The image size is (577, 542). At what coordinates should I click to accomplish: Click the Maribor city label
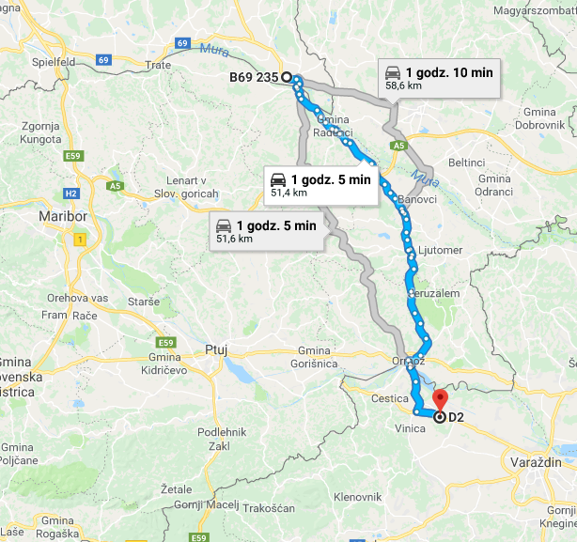click(63, 217)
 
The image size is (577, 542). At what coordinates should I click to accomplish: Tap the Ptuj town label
click(216, 350)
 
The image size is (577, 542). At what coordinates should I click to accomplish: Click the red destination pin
click(439, 398)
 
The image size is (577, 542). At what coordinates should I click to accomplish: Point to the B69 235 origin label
click(254, 78)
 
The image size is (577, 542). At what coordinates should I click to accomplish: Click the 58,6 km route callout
click(438, 77)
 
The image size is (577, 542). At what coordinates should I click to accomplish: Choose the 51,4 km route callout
click(322, 184)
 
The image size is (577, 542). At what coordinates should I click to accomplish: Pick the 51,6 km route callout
click(268, 230)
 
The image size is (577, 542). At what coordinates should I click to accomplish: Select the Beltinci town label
click(491, 163)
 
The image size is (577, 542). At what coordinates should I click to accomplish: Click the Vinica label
click(410, 427)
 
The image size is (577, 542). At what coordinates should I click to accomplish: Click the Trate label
click(159, 65)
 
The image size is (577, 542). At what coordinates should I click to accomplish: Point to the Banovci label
click(417, 199)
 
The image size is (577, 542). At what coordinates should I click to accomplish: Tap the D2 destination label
click(457, 416)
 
